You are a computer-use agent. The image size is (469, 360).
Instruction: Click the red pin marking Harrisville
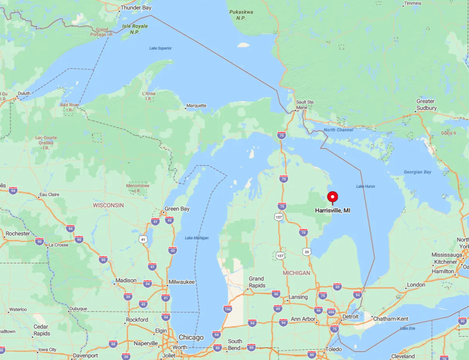click(x=332, y=197)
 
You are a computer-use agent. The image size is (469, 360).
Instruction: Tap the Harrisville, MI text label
click(x=332, y=210)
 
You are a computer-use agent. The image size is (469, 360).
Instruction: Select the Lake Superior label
click(x=160, y=48)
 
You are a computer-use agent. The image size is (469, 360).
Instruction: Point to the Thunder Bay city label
click(x=136, y=8)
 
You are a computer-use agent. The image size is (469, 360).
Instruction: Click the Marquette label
click(x=196, y=105)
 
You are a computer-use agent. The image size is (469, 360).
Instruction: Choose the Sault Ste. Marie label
click(x=305, y=105)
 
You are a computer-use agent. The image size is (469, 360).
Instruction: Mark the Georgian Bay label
click(x=417, y=172)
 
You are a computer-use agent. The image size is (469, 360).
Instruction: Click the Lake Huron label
click(x=365, y=186)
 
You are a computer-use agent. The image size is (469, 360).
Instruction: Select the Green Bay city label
click(x=177, y=209)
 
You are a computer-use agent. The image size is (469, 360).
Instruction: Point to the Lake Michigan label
click(x=196, y=238)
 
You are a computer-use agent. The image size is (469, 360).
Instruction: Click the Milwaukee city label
click(x=182, y=282)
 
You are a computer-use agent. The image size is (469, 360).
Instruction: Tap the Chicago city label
click(x=191, y=337)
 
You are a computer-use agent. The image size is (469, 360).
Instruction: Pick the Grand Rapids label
click(x=256, y=281)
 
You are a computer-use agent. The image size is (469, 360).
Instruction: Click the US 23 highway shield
click(x=306, y=252)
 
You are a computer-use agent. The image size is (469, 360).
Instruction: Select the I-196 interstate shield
click(x=228, y=309)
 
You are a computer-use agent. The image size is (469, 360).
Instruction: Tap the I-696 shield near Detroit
click(x=332, y=312)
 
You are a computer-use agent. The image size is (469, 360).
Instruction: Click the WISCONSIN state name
click(x=108, y=205)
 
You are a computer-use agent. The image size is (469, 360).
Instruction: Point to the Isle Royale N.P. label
click(x=135, y=29)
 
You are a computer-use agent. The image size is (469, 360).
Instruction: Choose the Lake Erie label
click(x=407, y=328)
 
